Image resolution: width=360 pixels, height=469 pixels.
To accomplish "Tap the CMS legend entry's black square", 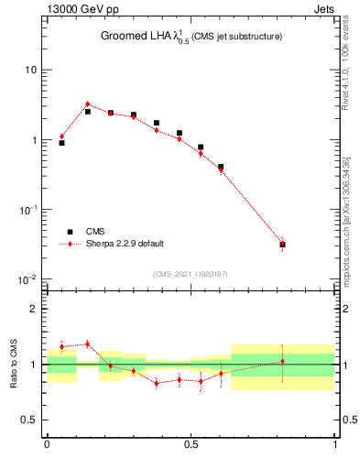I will point(70,232).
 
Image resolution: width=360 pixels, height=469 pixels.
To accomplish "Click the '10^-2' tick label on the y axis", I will point(27,279).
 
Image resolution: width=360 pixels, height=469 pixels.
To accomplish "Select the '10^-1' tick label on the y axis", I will point(27,210).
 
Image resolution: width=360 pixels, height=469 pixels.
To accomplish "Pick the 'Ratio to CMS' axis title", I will point(14,364).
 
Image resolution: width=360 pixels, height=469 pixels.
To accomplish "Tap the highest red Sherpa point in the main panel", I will point(87,104).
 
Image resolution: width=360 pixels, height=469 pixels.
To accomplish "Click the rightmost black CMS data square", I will point(282,245).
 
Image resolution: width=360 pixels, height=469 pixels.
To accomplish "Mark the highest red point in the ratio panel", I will point(87,344).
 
